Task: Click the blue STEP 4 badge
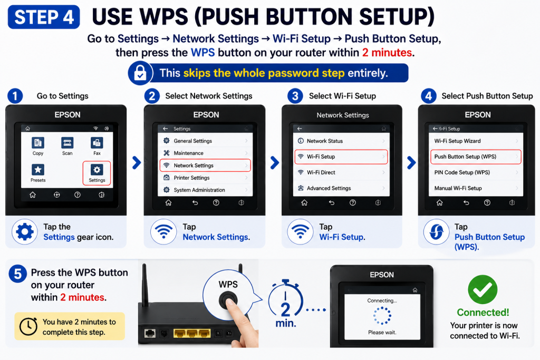coord(44,17)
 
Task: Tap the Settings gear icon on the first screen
coord(97,170)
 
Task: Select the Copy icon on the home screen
coord(38,142)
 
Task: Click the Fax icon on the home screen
coord(97,142)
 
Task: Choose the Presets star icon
coord(38,170)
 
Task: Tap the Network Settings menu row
coord(205,165)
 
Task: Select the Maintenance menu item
coord(205,153)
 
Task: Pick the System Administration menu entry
coord(205,190)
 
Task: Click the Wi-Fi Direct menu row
coord(341,172)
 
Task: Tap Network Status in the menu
coord(341,141)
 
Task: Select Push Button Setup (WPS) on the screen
coord(476,157)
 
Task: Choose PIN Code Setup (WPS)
coord(476,172)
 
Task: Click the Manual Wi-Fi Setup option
coord(476,188)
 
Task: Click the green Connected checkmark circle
coord(483,289)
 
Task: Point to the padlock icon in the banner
coord(140,73)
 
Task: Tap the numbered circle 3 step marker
coord(295,96)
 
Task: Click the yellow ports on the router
coord(192,333)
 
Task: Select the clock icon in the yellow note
coord(28,326)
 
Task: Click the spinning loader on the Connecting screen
coord(382,316)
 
